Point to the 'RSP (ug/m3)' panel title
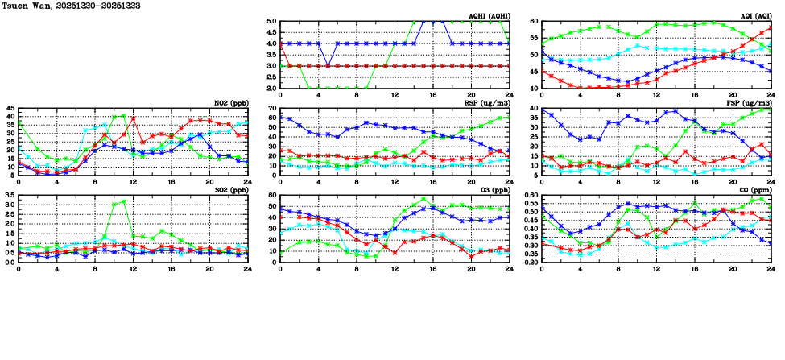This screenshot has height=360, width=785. pyautogui.click(x=490, y=103)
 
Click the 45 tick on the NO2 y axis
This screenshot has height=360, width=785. pyautogui.click(x=9, y=109)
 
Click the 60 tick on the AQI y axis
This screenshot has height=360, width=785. pyautogui.click(x=534, y=22)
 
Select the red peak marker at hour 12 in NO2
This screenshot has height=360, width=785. pyautogui.click(x=133, y=118)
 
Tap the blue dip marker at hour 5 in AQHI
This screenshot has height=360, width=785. pyautogui.click(x=328, y=66)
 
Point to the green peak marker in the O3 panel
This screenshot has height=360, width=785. pyautogui.click(x=423, y=198)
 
